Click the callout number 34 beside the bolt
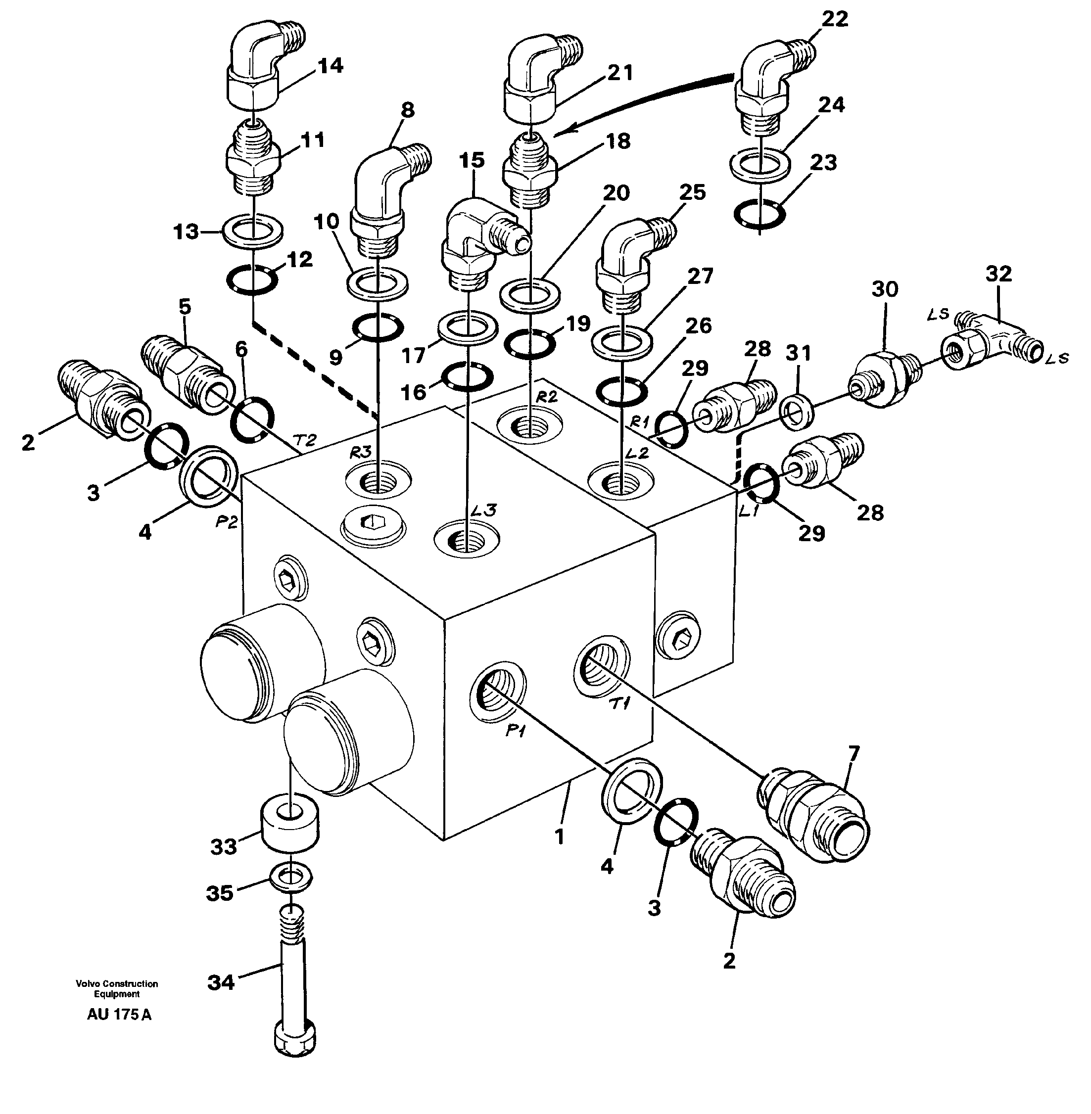pos(221,982)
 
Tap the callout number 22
pos(834,19)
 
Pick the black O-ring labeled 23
pos(759,214)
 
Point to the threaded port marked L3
pos(467,538)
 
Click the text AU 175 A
pos(119,1015)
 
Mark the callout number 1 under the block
pos(560,837)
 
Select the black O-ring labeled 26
pos(622,391)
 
